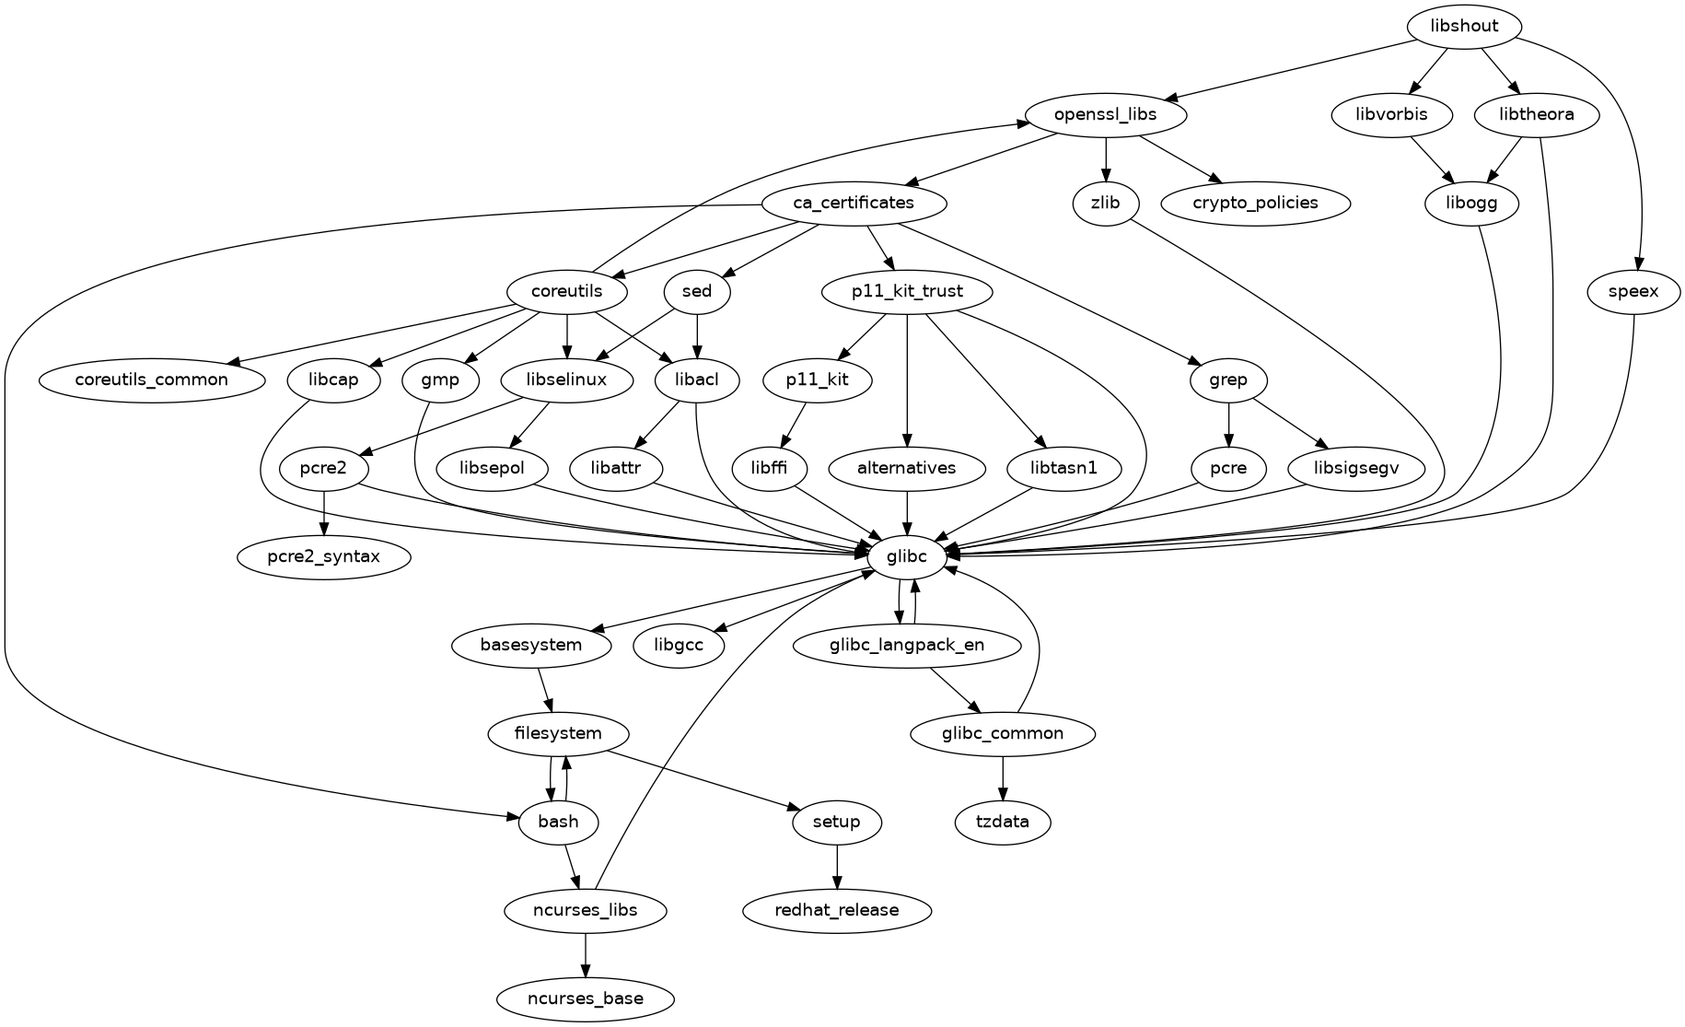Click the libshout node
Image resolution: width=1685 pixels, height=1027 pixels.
tap(1464, 26)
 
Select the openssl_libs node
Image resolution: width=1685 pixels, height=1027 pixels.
tap(1105, 115)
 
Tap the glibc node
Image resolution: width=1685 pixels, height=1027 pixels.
tap(907, 556)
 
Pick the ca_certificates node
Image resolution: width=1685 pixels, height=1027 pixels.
tap(854, 203)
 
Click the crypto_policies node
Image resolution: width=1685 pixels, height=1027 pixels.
tap(1256, 203)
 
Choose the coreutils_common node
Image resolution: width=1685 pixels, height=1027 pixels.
tap(152, 379)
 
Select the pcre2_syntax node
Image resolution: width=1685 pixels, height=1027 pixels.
tap(323, 556)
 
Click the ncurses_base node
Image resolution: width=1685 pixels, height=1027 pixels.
tap(586, 998)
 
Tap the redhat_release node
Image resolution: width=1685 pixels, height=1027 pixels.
tap(837, 910)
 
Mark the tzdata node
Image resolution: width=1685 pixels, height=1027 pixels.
tap(1003, 822)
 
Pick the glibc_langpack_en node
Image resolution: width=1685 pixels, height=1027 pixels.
tap(907, 645)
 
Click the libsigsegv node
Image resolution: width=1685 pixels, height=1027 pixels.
tap(1356, 468)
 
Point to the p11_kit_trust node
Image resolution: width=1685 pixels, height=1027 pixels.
tap(907, 292)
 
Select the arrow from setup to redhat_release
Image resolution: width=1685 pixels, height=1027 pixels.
tap(837, 866)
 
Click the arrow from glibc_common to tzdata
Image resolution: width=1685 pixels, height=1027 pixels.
tap(1003, 777)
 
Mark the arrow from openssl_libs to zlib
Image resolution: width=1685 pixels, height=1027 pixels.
tap(1105, 158)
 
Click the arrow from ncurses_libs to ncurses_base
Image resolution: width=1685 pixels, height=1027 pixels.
tap(586, 954)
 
